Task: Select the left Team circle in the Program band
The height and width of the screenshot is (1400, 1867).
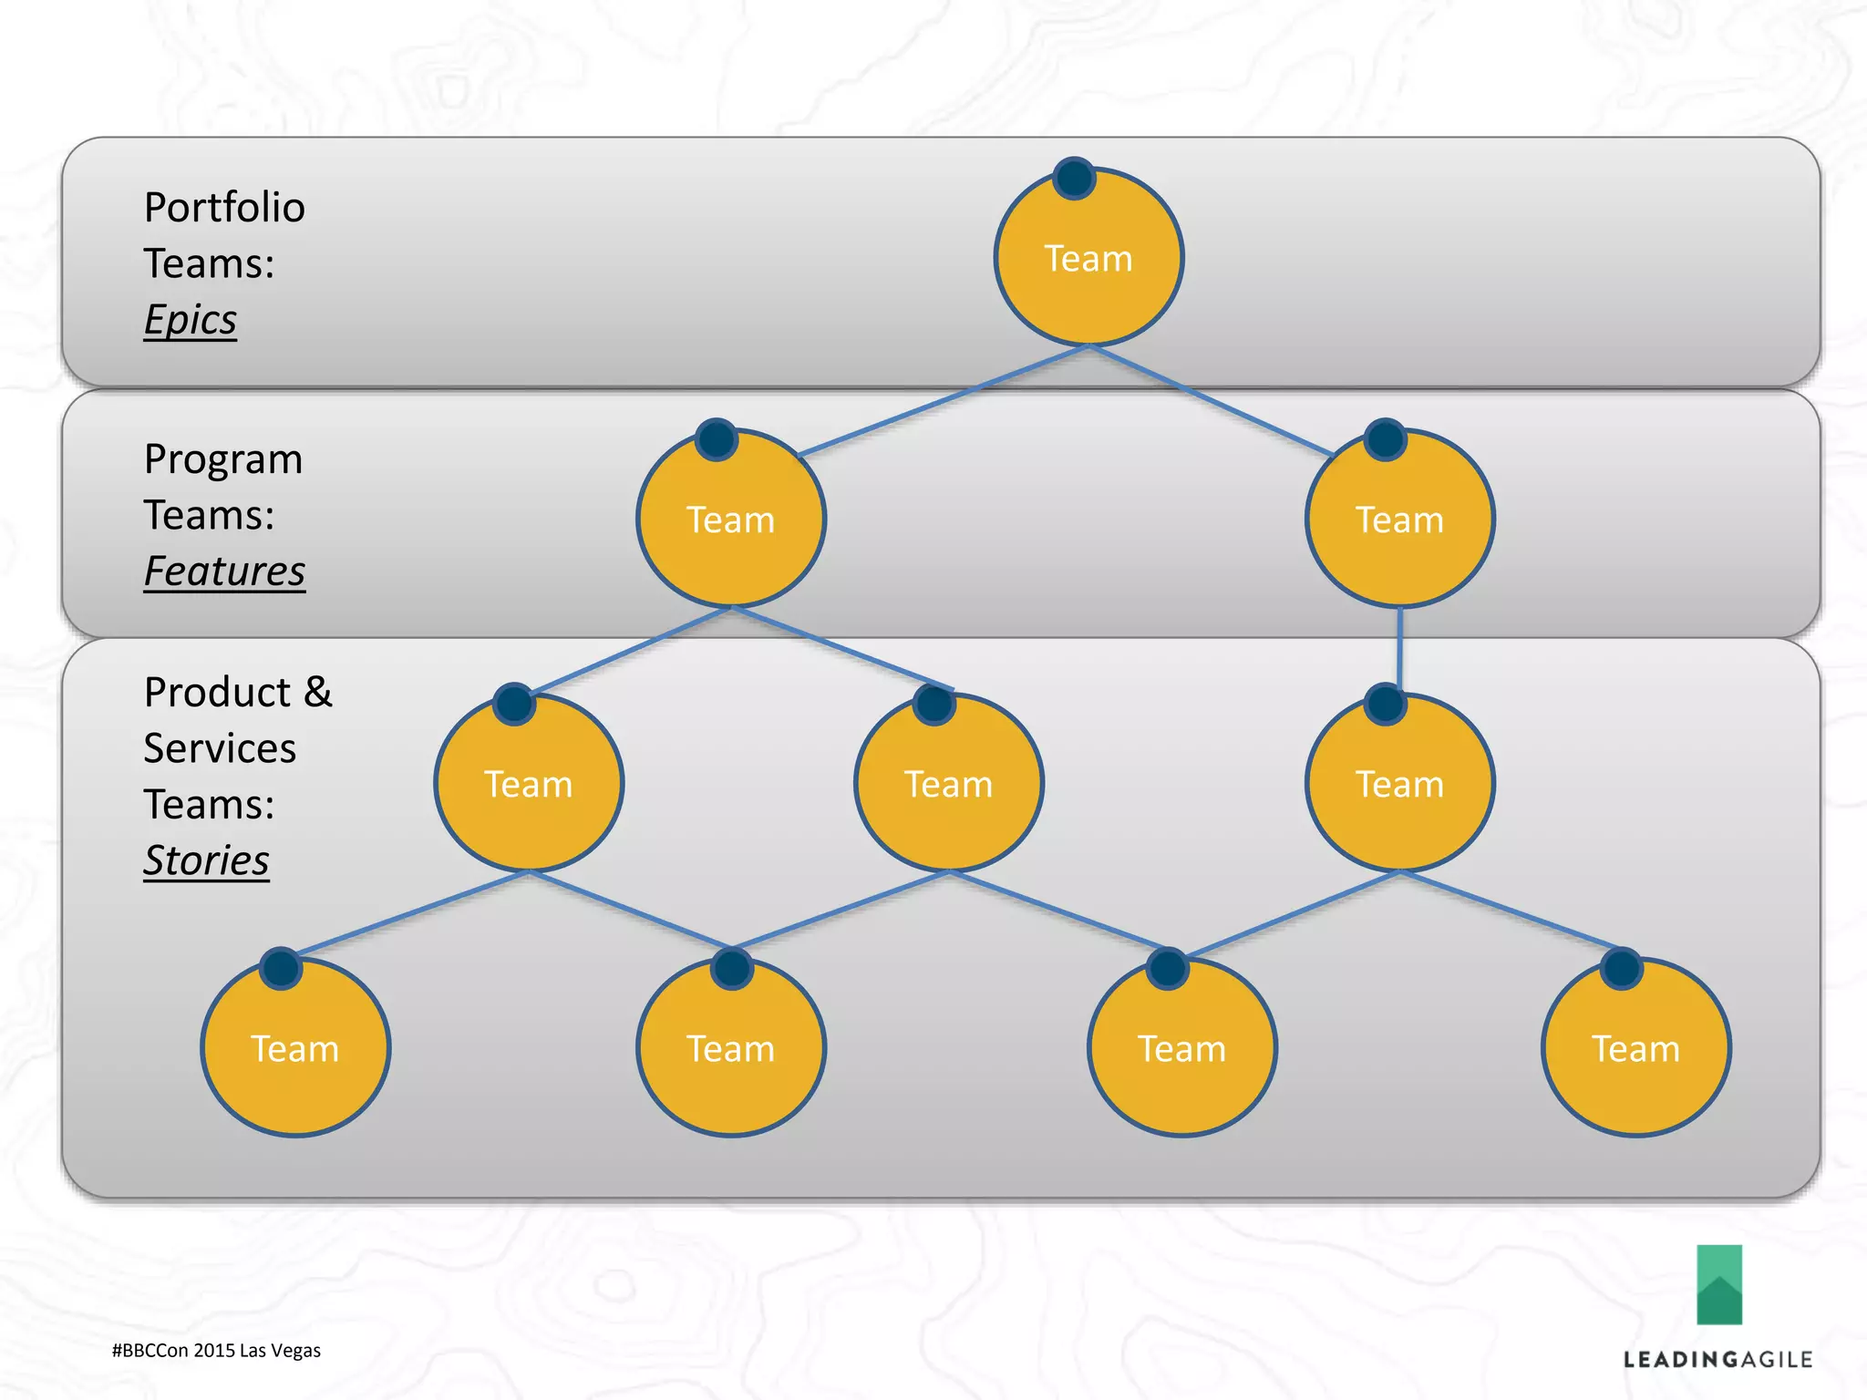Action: point(730,519)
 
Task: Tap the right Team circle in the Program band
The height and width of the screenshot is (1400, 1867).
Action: point(1399,519)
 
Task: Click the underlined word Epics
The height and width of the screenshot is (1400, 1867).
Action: point(190,320)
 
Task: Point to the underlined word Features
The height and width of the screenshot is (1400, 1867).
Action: point(224,571)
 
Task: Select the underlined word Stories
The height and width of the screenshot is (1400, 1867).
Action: point(206,860)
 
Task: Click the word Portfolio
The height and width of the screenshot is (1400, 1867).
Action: point(224,208)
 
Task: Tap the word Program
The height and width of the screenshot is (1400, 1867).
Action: point(222,458)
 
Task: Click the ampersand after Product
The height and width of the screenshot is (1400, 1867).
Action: point(318,692)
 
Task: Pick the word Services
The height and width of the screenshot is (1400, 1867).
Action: point(220,748)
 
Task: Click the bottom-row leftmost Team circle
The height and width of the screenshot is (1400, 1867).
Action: point(295,1048)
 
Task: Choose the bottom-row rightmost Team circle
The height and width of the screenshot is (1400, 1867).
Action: point(1635,1048)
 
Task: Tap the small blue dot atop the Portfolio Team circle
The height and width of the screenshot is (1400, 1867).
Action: point(1074,178)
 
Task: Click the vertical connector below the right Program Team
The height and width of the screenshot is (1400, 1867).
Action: point(1399,649)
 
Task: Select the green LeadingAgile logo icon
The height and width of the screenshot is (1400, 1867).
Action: point(1718,1284)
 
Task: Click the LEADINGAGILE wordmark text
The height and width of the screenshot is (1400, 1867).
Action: point(1717,1360)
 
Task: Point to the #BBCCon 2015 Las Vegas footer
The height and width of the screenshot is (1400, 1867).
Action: point(216,1351)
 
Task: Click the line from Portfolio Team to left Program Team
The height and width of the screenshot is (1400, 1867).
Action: point(944,400)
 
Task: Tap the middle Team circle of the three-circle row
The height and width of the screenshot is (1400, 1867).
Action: point(948,783)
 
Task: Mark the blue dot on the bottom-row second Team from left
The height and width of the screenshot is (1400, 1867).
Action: point(731,968)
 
